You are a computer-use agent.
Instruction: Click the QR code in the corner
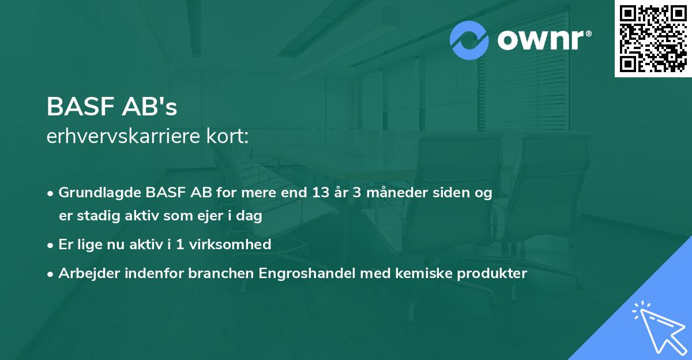(653, 38)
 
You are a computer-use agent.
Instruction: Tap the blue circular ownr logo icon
(469, 40)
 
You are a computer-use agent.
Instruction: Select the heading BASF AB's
(112, 107)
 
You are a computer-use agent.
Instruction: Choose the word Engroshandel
(309, 273)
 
